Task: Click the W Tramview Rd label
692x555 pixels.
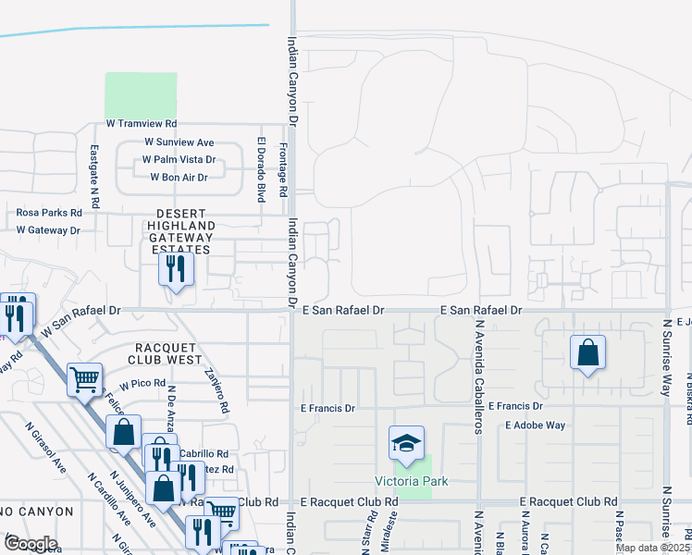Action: click(x=141, y=123)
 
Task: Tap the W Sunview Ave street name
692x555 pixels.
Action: click(x=179, y=142)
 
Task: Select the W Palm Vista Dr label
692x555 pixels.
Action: click(x=179, y=159)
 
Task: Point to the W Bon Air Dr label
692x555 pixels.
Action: click(x=179, y=177)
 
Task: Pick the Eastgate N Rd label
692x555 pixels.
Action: click(x=94, y=176)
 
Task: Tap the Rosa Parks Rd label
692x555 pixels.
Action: click(x=49, y=212)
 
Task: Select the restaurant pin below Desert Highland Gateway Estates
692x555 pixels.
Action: click(x=173, y=269)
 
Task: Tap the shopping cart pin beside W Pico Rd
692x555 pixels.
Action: click(x=84, y=378)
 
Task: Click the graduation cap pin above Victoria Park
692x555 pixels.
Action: click(x=405, y=444)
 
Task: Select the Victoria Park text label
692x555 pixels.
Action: click(x=403, y=481)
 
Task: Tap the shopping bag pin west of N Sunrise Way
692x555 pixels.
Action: click(x=587, y=352)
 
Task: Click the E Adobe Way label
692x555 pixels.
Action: click(x=535, y=425)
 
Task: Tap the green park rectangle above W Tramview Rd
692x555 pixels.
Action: click(x=141, y=94)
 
